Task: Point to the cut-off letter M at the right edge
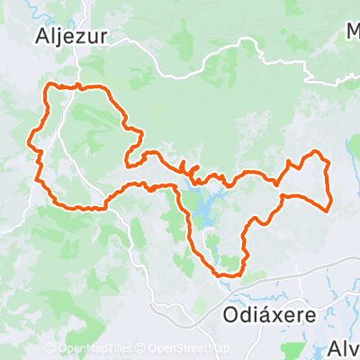click(353, 33)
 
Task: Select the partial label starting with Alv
click(343, 349)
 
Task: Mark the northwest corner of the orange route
click(49, 86)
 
